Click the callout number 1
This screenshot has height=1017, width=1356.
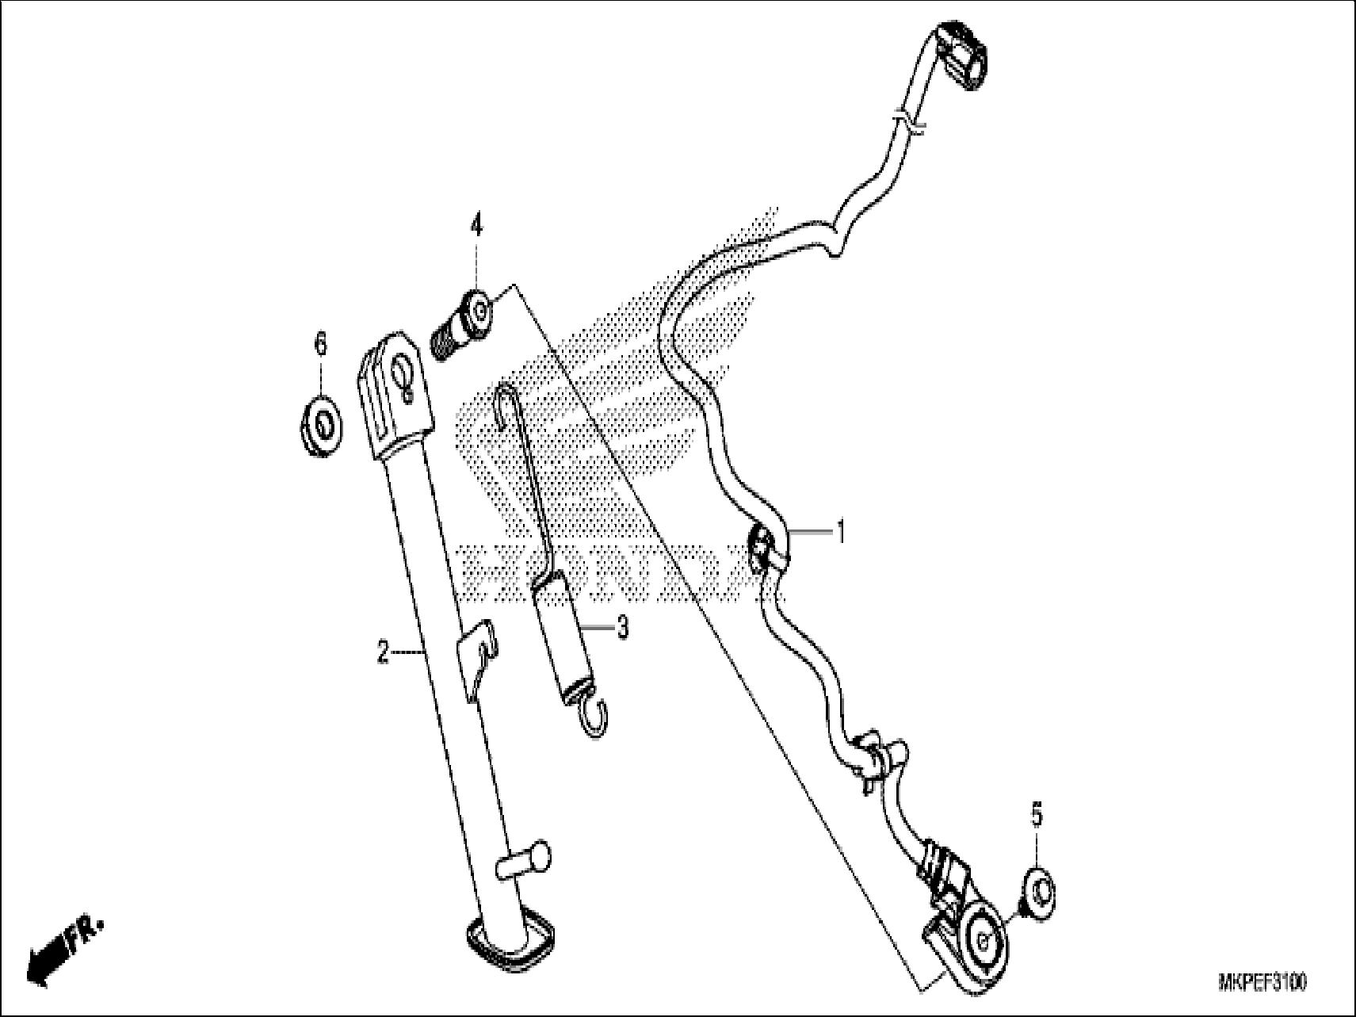coord(841,532)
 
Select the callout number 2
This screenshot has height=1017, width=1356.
coord(384,653)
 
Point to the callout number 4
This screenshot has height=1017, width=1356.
coord(476,227)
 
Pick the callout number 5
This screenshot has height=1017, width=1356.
coord(1037,817)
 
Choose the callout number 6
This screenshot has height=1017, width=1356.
coord(320,345)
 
